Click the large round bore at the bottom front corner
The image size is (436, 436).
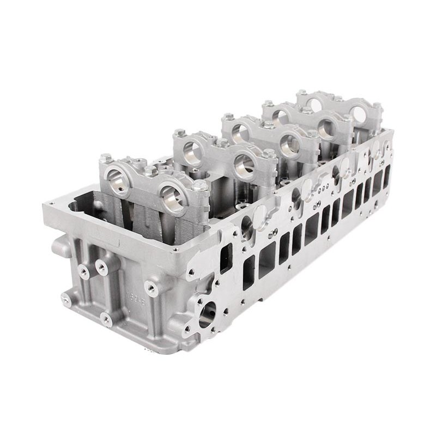[x=205, y=315]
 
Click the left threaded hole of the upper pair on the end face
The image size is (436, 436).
[x=83, y=270]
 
